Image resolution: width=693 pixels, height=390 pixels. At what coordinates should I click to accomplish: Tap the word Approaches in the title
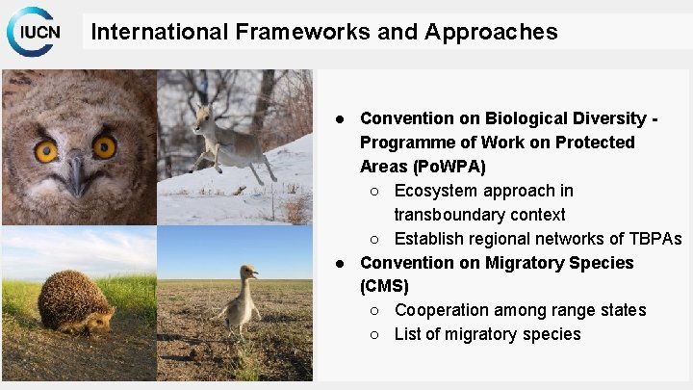(500, 32)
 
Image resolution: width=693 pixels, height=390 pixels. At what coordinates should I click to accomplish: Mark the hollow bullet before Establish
(377, 239)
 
